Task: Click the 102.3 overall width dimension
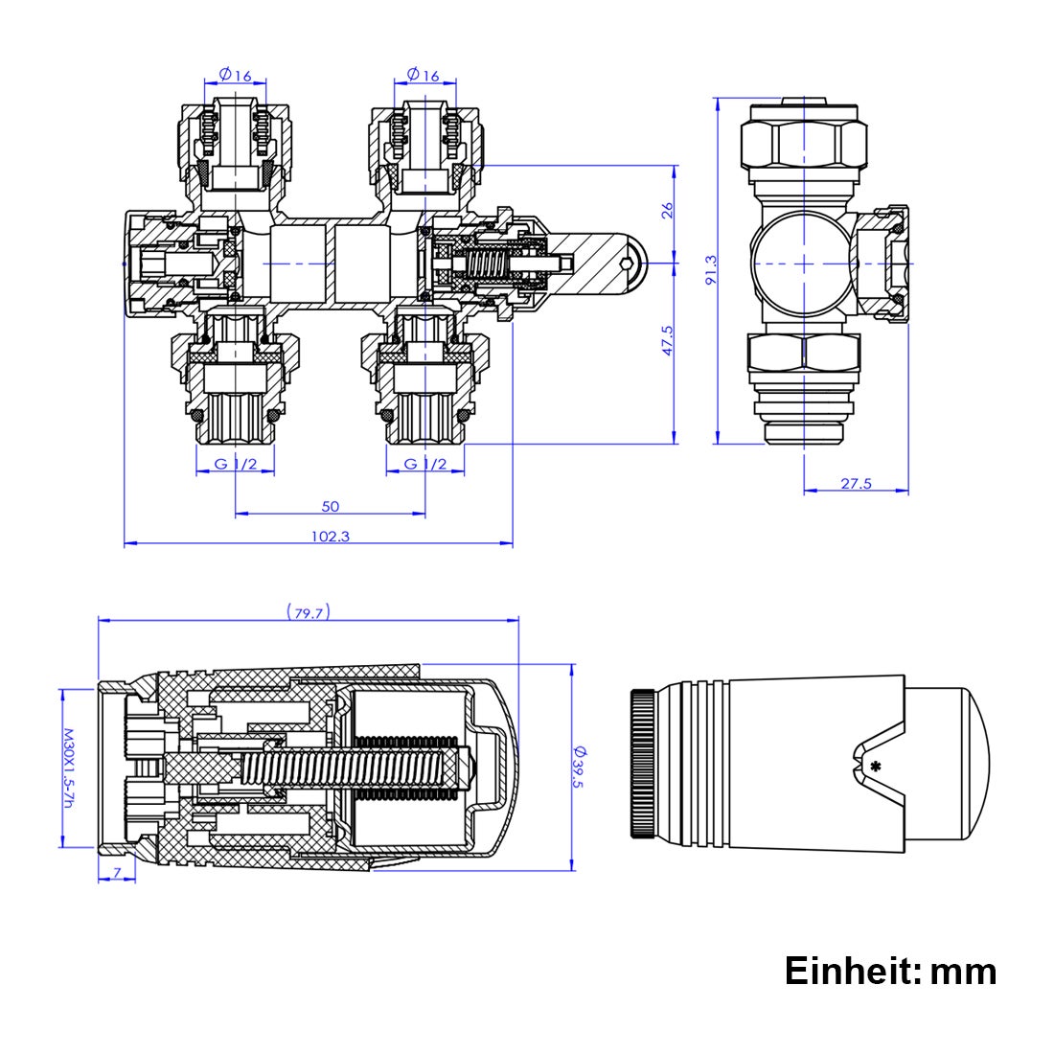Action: [330, 537]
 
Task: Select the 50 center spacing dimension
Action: [330, 506]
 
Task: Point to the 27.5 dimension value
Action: [856, 484]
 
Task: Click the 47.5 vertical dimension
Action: [669, 341]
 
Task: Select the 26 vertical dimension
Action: [669, 210]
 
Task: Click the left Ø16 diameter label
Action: [236, 75]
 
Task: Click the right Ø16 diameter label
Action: [423, 75]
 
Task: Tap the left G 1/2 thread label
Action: [236, 465]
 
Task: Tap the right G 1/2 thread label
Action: [424, 465]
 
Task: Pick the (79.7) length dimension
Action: [308, 612]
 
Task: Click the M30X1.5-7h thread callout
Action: [68, 768]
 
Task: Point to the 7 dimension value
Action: [117, 872]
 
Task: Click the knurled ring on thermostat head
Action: [643, 764]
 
